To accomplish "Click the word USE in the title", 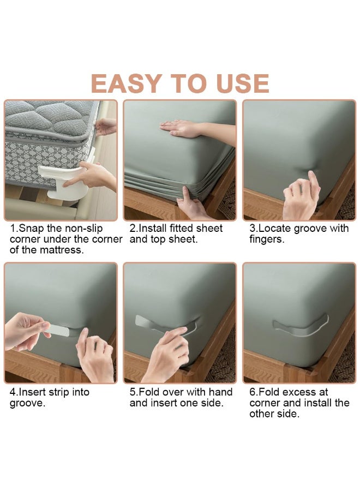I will point(242,83).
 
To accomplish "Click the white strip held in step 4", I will point(57,330).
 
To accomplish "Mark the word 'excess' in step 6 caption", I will point(300,392).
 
